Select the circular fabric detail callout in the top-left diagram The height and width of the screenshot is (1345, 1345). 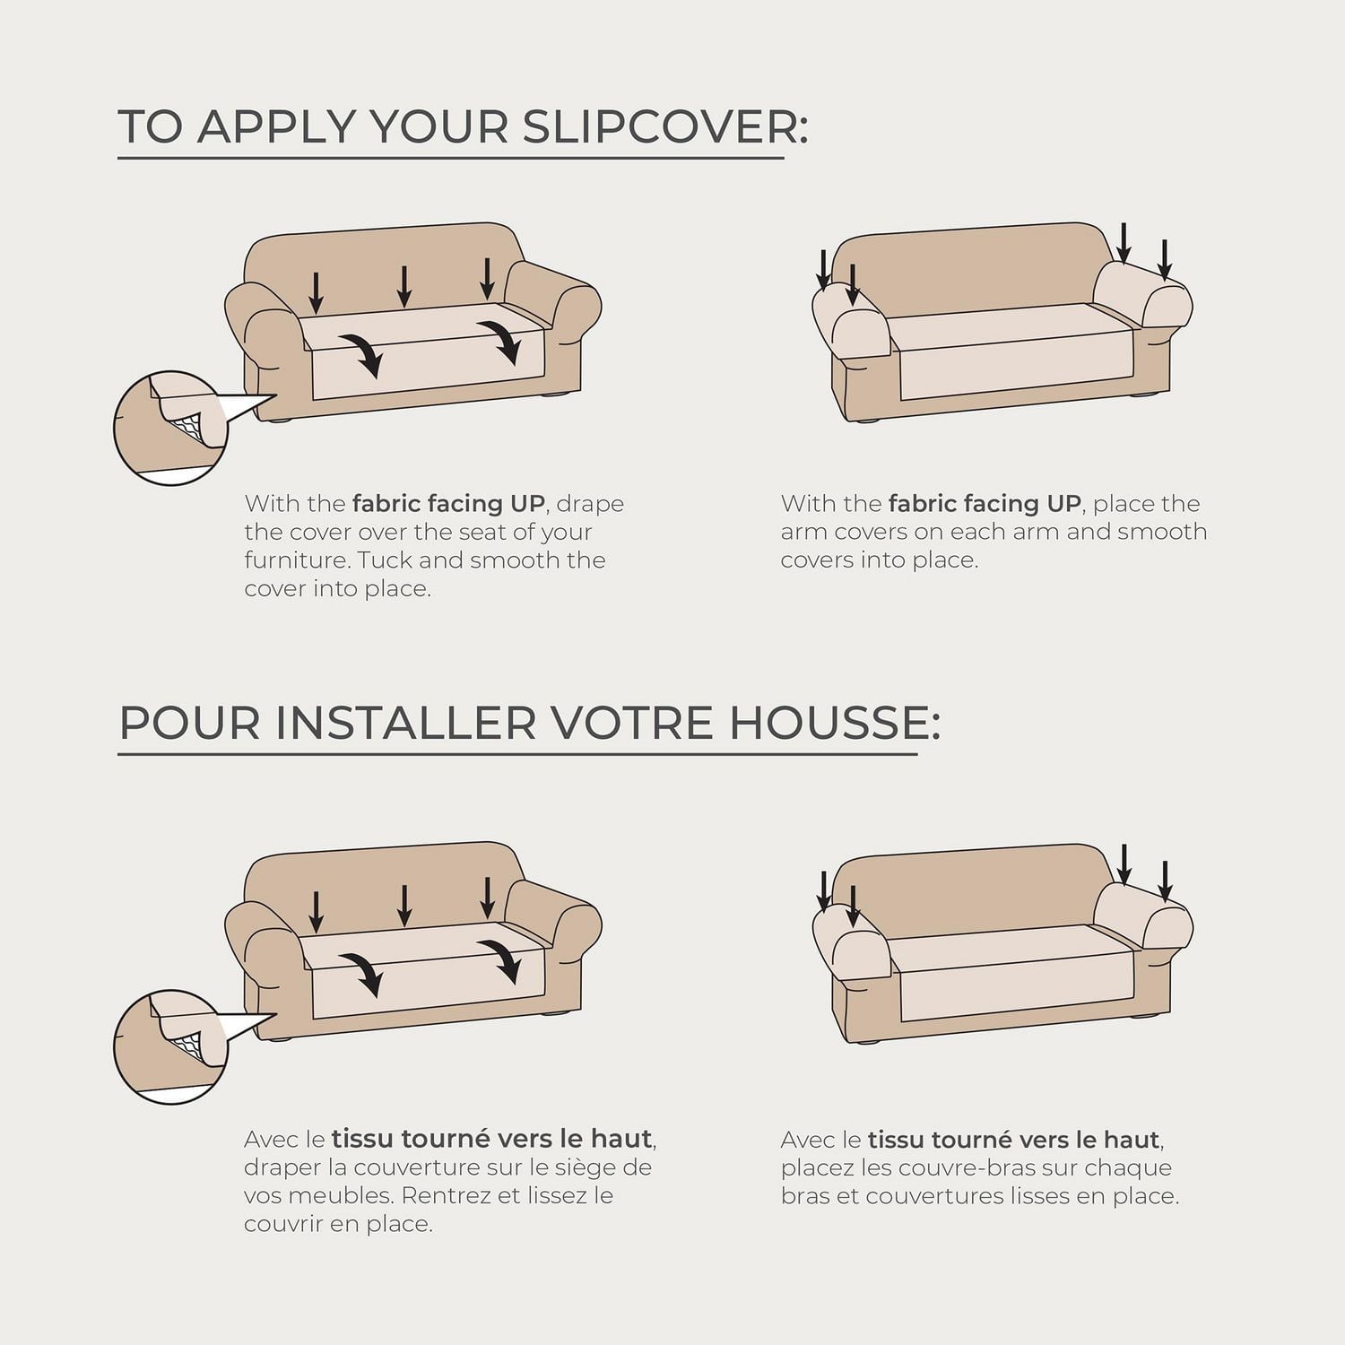pos(170,429)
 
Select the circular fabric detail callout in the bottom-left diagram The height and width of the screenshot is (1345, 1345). pos(170,1047)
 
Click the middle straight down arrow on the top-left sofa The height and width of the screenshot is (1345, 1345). pos(404,285)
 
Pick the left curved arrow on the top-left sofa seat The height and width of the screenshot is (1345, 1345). pos(362,352)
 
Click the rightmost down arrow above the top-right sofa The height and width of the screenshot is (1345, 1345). pos(1164,259)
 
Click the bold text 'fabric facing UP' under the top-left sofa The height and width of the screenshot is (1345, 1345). pos(447,504)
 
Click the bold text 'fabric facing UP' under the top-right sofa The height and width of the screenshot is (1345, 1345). pos(984,504)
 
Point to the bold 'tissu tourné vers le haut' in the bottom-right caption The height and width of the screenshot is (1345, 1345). pos(1013,1141)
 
